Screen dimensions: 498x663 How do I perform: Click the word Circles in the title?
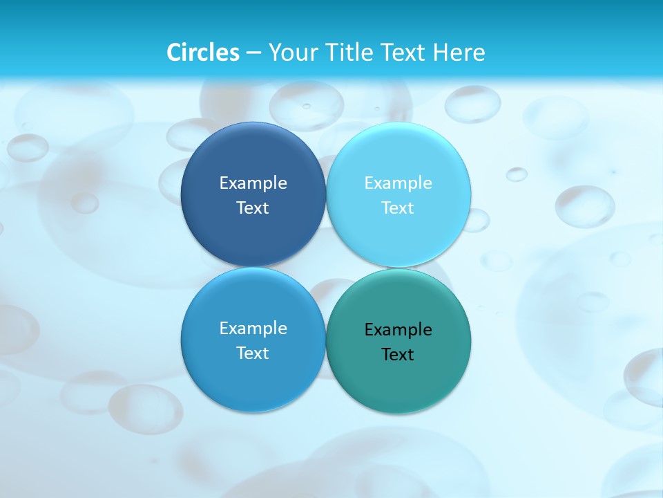point(203,53)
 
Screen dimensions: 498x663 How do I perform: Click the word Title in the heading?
point(349,53)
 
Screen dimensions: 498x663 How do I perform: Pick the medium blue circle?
point(253,380)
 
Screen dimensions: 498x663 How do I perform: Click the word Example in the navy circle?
point(253,183)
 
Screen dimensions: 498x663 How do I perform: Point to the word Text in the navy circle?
point(253,208)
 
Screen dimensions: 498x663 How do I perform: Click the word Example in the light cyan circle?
point(398,183)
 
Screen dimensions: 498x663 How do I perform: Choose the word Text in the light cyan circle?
point(398,208)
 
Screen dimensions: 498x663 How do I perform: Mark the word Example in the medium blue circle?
point(253,329)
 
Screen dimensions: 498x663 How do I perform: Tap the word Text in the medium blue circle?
point(253,353)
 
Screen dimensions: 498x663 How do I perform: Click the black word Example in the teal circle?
point(398,330)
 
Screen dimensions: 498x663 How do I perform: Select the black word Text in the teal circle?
point(398,355)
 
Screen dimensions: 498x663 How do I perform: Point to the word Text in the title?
point(404,53)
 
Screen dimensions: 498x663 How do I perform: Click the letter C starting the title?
point(174,53)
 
